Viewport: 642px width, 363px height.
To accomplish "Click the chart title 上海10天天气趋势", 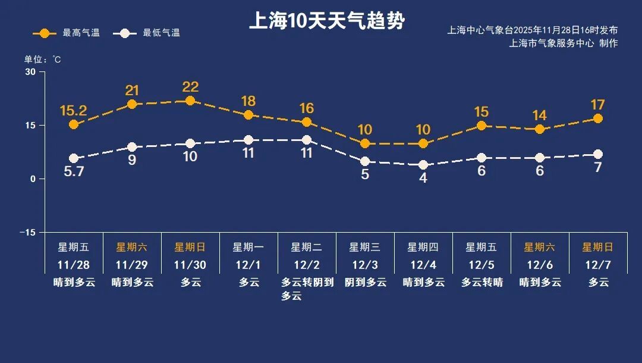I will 326,21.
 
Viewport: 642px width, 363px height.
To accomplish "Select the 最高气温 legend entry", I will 66,33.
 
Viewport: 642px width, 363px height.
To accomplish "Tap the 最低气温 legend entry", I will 150,33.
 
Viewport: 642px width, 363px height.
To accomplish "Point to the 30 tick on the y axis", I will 30,72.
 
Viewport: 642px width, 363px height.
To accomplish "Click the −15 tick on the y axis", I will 28,232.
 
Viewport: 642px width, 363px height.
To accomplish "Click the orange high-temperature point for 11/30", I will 190,101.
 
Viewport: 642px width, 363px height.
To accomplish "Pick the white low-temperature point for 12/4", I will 423,165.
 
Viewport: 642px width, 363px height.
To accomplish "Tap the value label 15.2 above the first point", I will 74,110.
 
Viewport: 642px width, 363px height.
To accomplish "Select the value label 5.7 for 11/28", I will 74,173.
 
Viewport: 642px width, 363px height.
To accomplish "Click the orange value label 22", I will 190,87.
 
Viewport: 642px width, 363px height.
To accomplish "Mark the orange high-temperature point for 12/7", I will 598,118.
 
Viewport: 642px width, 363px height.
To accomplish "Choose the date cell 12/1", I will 248,264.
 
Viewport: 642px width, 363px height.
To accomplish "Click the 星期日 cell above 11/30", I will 190,247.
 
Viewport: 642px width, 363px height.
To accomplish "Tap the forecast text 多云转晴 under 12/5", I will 481,282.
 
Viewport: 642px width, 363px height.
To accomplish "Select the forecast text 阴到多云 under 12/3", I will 365,282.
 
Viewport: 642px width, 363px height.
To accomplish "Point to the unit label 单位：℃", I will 42,60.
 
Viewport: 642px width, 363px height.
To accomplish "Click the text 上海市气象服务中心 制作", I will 564,43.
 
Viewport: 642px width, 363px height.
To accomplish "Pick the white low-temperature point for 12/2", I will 307,140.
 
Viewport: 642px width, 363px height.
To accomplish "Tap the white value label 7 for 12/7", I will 598,168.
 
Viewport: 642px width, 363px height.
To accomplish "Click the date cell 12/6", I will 540,264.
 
